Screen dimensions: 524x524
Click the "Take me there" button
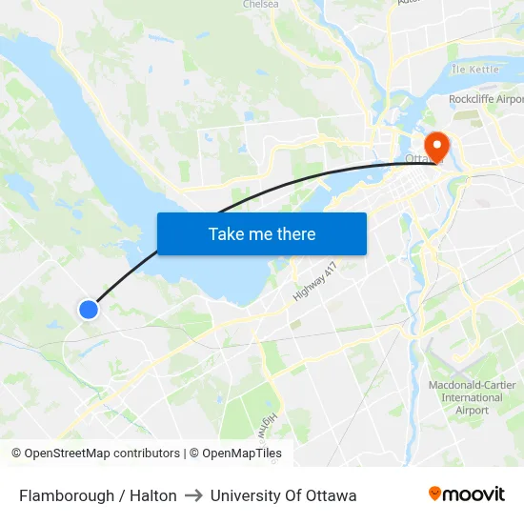(262, 233)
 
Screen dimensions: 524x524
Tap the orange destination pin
(437, 146)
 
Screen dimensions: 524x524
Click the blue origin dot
(89, 309)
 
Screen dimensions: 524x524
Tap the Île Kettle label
(474, 70)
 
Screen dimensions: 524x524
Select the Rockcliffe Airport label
(486, 99)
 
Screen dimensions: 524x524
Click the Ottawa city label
(419, 158)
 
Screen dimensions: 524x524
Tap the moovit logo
(466, 494)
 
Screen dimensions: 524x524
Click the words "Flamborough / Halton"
(98, 495)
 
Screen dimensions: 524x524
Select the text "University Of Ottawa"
(284, 495)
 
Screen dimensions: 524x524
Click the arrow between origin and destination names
(193, 495)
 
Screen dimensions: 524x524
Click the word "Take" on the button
(226, 233)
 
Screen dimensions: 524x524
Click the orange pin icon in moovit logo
(434, 494)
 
